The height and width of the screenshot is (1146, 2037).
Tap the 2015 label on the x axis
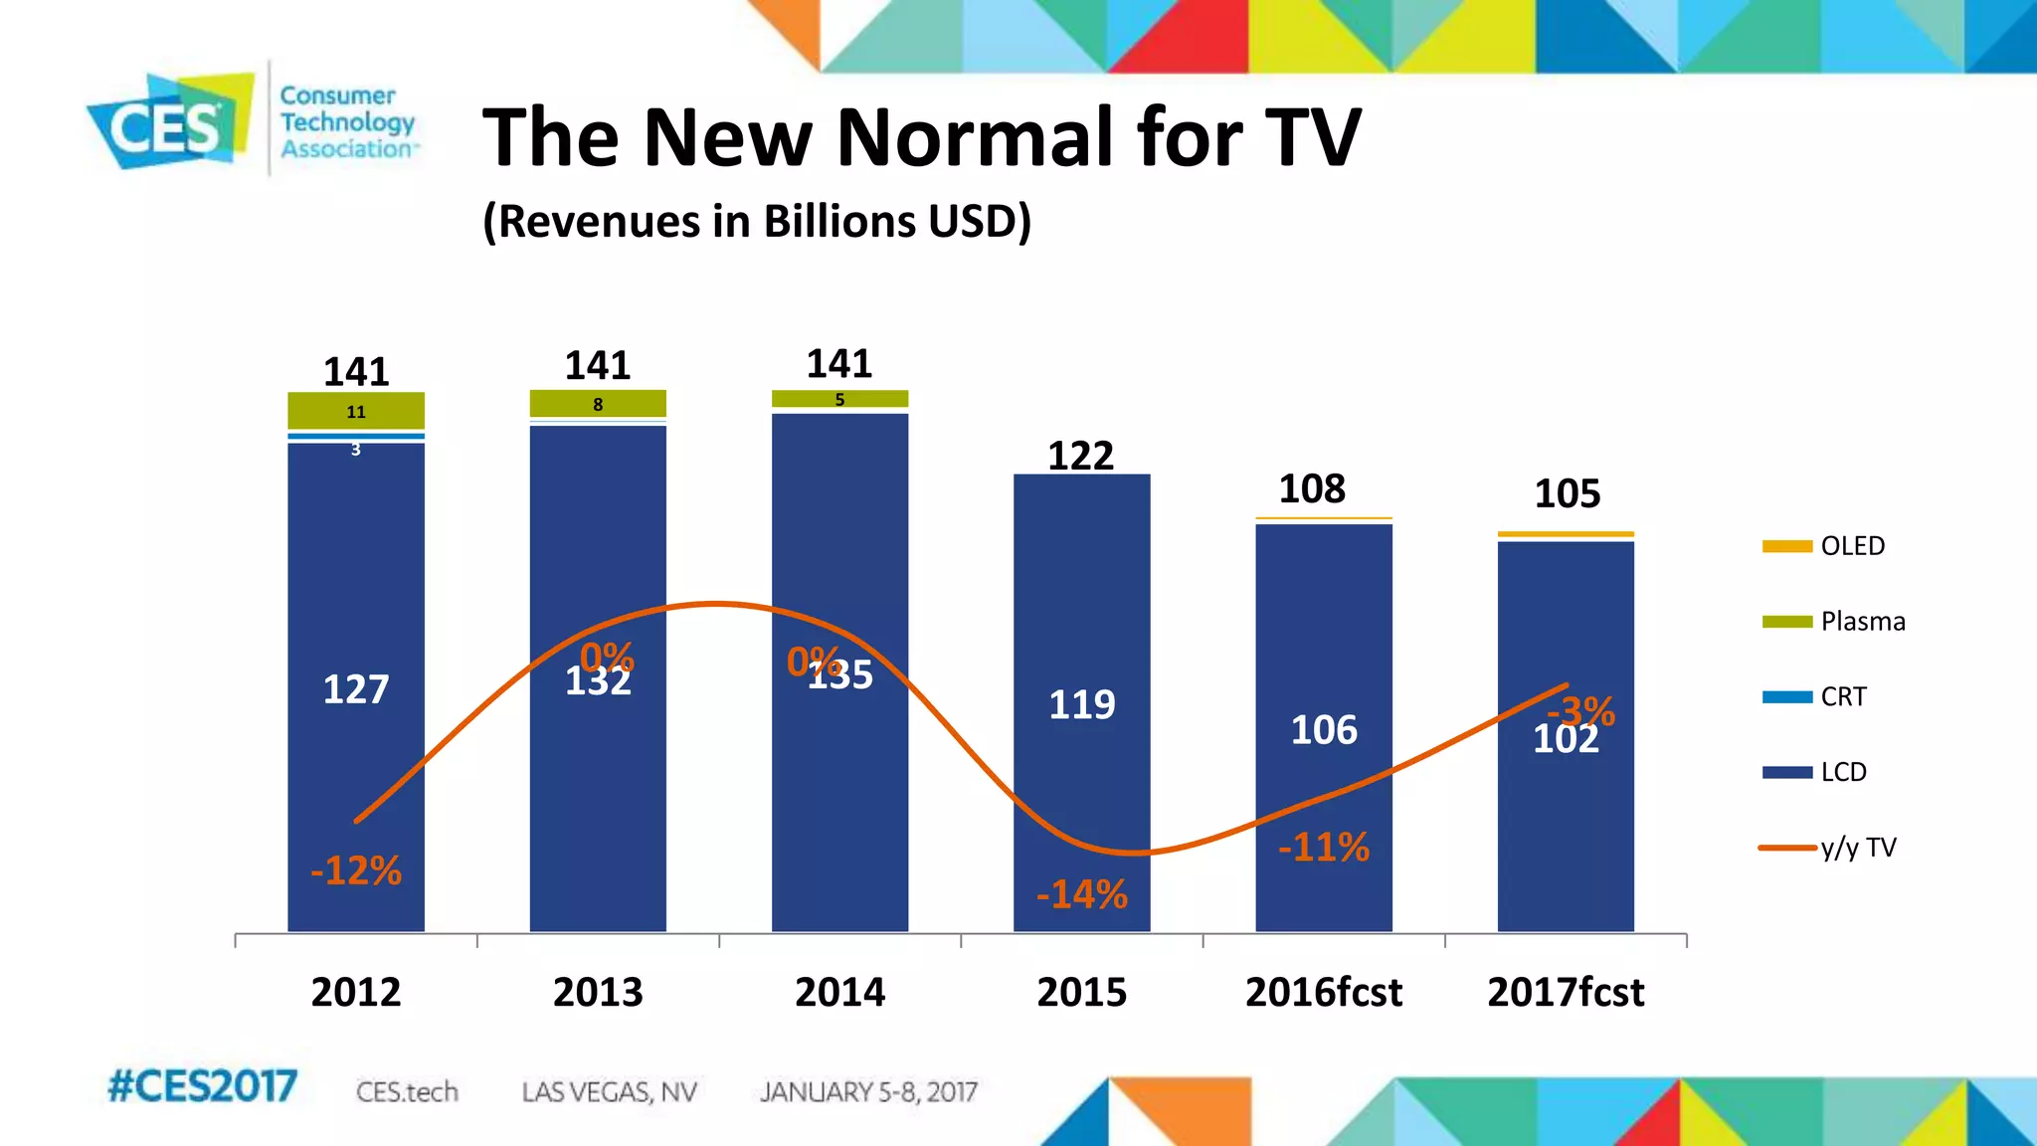(1081, 992)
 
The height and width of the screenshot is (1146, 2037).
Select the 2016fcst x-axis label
(1323, 992)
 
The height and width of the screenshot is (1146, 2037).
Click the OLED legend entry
(1851, 546)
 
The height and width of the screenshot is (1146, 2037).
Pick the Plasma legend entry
(1862, 622)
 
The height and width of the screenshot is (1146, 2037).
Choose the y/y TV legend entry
(1857, 848)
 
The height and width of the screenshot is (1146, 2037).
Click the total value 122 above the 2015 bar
(1081, 456)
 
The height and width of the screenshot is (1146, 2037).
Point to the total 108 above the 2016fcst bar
(1312, 488)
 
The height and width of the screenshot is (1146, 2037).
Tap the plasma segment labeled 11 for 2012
(356, 411)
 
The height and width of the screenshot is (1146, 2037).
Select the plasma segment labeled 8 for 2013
(598, 404)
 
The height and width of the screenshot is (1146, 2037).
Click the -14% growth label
(1082, 894)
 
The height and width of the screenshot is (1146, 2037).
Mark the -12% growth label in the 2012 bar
(356, 870)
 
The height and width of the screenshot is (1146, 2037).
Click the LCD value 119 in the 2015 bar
(1082, 704)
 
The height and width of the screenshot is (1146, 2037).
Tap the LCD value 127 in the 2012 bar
(356, 688)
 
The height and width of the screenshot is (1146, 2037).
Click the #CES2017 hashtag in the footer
(202, 1086)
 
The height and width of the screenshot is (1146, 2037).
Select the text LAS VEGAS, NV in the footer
(609, 1092)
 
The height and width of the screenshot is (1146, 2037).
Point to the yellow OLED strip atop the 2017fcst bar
(1566, 534)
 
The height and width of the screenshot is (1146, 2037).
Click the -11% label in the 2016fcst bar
(1324, 848)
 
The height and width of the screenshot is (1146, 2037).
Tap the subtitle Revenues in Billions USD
(757, 221)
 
